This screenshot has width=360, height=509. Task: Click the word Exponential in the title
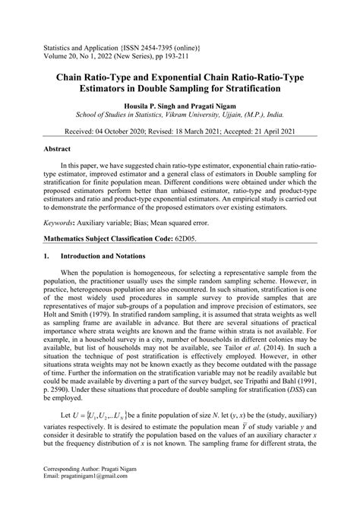188,77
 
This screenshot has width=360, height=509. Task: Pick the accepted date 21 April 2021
283,131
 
